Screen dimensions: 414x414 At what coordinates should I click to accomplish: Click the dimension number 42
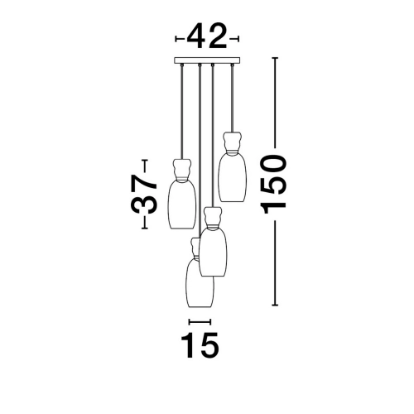[x=207, y=36]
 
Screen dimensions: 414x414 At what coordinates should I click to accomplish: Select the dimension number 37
[x=144, y=194]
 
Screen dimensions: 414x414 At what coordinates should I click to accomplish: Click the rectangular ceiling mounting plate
[x=207, y=60]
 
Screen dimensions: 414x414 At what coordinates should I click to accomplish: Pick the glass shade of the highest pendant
[x=233, y=177]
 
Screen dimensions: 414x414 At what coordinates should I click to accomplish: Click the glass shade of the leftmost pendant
[x=182, y=205]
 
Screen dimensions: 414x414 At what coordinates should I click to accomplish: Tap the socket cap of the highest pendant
[x=233, y=142]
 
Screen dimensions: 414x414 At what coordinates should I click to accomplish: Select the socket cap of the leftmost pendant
[x=182, y=170]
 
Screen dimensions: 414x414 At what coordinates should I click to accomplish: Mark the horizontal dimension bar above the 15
[x=200, y=322]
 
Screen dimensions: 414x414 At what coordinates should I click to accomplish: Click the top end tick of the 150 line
[x=275, y=58]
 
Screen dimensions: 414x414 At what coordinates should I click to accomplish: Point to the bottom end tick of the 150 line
[x=275, y=305]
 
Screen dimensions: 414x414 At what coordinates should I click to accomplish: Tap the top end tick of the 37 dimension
[x=145, y=160]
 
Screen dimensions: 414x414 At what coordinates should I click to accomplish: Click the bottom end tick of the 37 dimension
[x=145, y=229]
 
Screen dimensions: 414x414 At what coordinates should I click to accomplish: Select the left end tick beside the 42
[x=176, y=39]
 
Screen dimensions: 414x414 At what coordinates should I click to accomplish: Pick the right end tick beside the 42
[x=238, y=39]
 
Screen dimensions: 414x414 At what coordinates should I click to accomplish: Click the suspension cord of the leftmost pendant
[x=181, y=113]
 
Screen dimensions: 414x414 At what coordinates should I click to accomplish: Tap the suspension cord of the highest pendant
[x=232, y=99]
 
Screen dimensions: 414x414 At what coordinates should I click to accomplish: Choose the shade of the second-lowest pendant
[x=214, y=253]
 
